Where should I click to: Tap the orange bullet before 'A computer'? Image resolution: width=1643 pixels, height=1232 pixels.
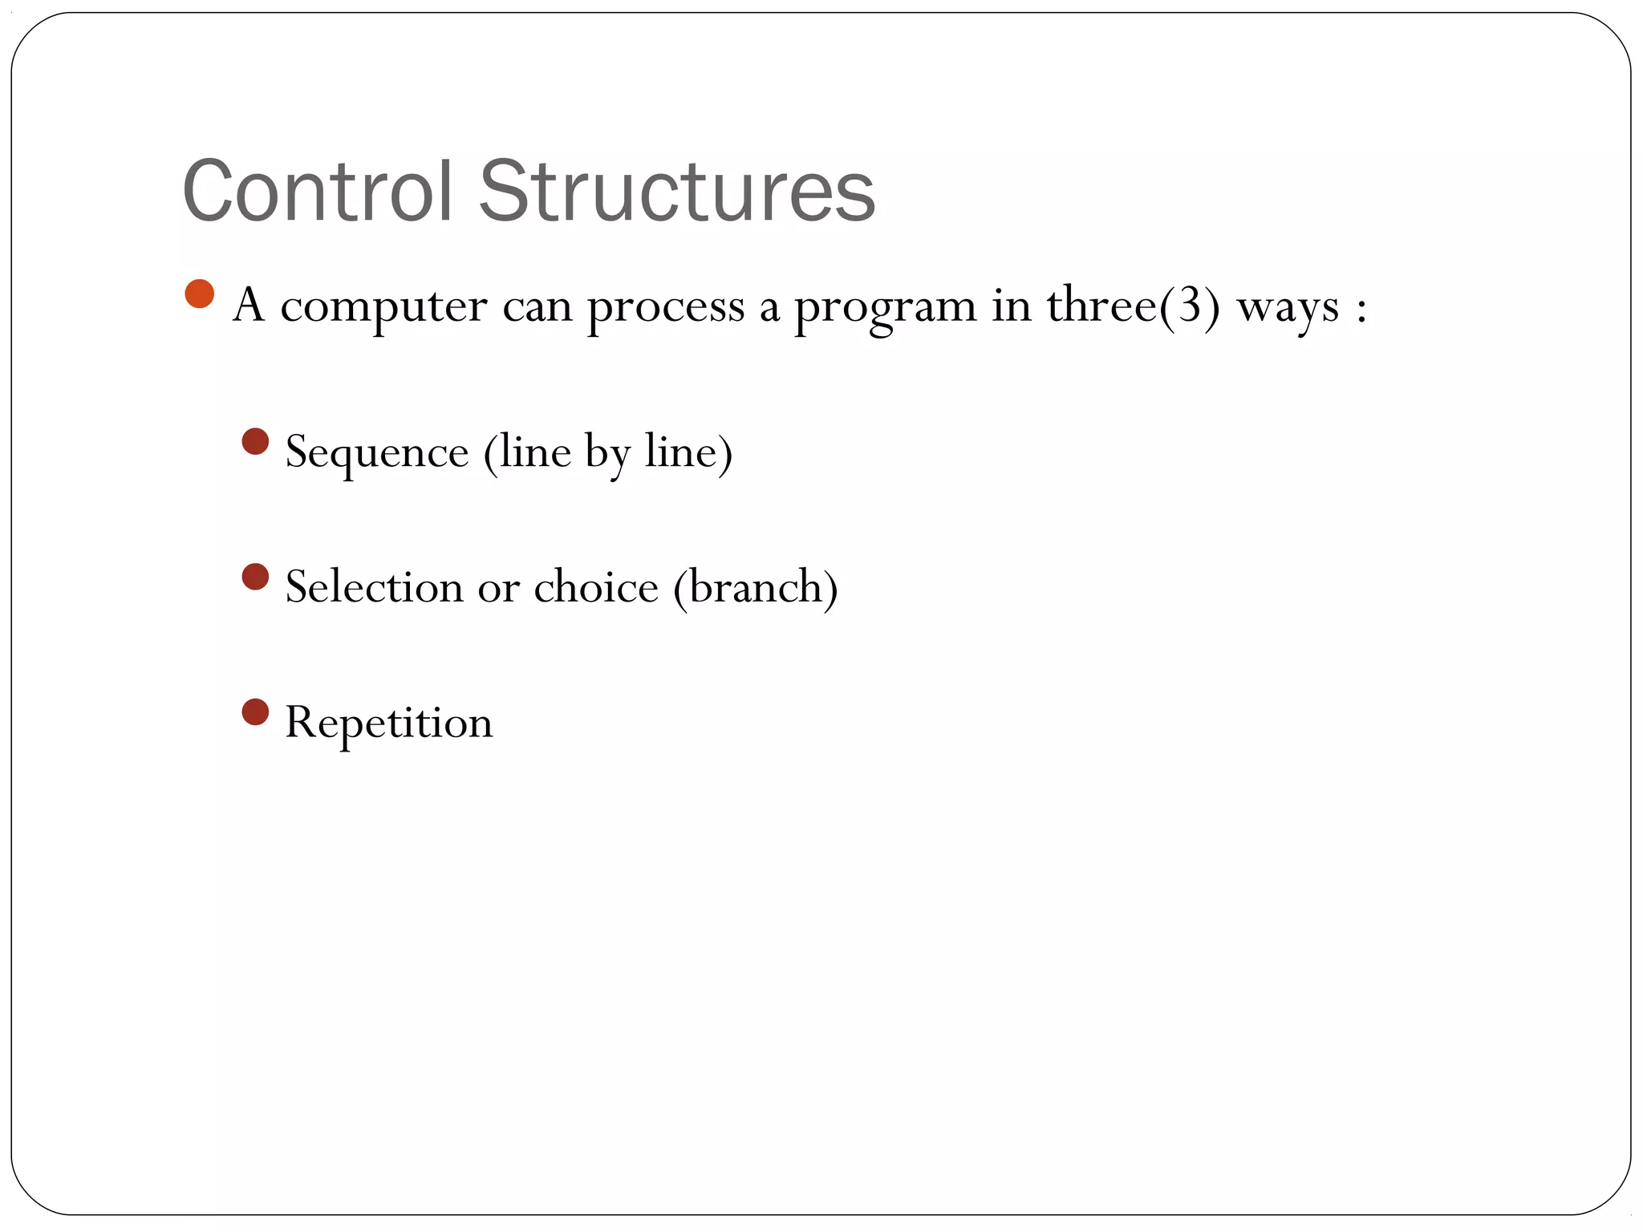pyautogui.click(x=199, y=294)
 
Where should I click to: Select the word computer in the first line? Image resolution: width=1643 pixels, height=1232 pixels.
pyautogui.click(x=383, y=306)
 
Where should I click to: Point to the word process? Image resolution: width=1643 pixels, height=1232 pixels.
pyautogui.click(x=666, y=306)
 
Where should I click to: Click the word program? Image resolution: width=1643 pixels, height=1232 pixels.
pyautogui.click(x=885, y=306)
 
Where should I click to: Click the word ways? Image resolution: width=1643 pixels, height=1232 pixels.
pyautogui.click(x=1288, y=306)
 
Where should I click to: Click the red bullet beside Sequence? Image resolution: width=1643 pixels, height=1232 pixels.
pyautogui.click(x=255, y=441)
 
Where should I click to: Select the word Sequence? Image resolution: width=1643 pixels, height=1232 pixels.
pyautogui.click(x=377, y=452)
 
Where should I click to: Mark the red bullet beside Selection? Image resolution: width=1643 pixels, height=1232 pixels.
pyautogui.click(x=255, y=577)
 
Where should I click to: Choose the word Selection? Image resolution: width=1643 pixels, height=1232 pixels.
pyautogui.click(x=374, y=586)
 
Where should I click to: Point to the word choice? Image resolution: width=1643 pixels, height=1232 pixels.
pyautogui.click(x=595, y=586)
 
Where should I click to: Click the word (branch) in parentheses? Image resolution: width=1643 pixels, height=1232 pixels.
pyautogui.click(x=756, y=586)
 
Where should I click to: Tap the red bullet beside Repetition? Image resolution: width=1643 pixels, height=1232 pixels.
pyautogui.click(x=255, y=711)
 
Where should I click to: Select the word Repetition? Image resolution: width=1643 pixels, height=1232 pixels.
pyautogui.click(x=389, y=722)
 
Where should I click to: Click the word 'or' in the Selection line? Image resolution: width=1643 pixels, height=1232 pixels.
pyautogui.click(x=498, y=588)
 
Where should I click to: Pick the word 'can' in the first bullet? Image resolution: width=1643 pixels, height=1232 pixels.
pyautogui.click(x=537, y=306)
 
